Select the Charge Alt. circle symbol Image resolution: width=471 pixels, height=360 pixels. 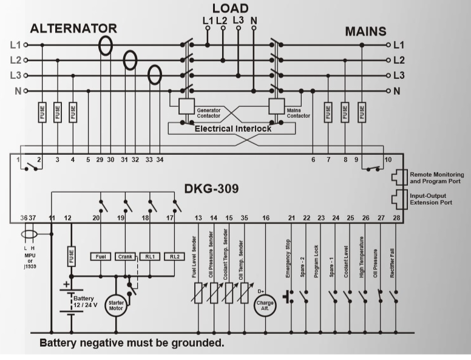click(265, 305)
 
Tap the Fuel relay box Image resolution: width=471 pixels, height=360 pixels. click(101, 257)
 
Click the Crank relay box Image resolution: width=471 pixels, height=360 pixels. click(125, 257)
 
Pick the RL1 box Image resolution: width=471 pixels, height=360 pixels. click(150, 257)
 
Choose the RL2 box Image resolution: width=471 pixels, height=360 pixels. click(175, 257)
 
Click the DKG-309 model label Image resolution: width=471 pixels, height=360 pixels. click(211, 189)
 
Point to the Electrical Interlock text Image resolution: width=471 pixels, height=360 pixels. click(233, 129)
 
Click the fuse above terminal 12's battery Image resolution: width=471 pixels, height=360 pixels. click(71, 256)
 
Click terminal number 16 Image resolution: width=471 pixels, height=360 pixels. click(265, 218)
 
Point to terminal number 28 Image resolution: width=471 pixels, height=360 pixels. click(396, 218)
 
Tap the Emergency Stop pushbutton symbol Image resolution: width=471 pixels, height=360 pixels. click(288, 297)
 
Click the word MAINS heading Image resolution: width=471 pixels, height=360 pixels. click(365, 32)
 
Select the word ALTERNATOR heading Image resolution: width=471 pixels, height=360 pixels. click(73, 29)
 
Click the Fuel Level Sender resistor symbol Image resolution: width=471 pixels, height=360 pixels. click(198, 293)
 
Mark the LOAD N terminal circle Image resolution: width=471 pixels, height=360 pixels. click(254, 28)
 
